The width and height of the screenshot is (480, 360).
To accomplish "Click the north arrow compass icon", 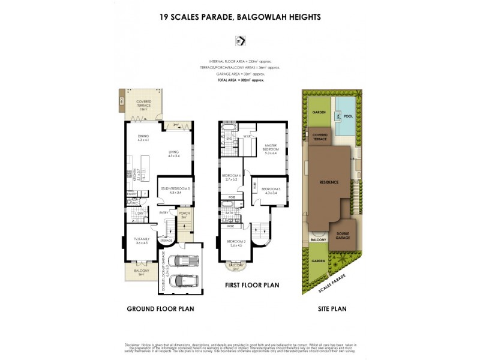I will pyautogui.click(x=240, y=41).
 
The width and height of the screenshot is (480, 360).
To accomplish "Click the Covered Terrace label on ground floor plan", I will pyautogui.click(x=143, y=105).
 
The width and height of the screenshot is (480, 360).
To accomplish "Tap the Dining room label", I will pyautogui.click(x=143, y=138).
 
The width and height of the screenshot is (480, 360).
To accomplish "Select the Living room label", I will pyautogui.click(x=174, y=154).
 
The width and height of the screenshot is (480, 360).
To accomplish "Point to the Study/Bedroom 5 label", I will pyautogui.click(x=175, y=190).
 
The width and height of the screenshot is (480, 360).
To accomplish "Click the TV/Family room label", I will pyautogui.click(x=142, y=241).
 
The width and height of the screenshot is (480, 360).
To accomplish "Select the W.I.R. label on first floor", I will pyautogui.click(x=246, y=136).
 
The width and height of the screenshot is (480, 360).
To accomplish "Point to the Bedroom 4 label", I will pyautogui.click(x=231, y=177).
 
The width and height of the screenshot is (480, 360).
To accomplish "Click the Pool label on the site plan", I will pyautogui.click(x=349, y=117).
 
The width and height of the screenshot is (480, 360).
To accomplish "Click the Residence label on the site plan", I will pyautogui.click(x=329, y=182).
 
